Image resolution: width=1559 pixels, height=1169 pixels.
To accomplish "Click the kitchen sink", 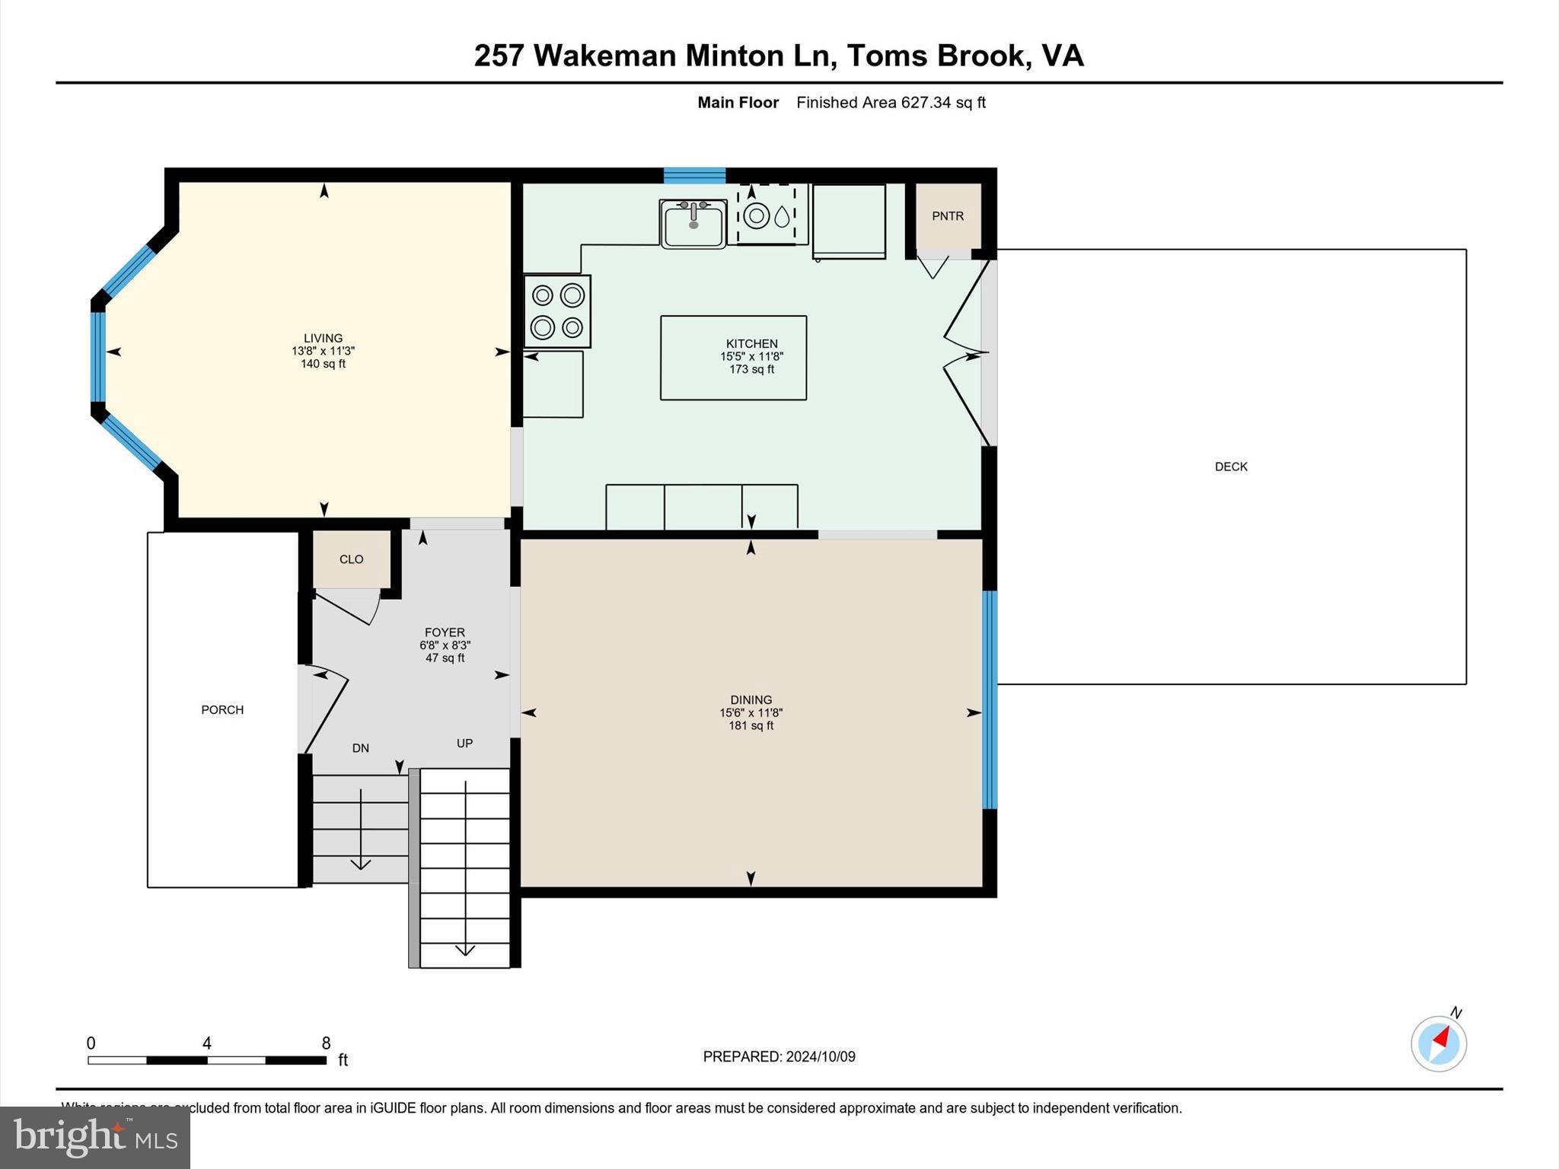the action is click(693, 224).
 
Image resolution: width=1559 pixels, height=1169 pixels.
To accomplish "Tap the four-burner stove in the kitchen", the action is click(557, 311).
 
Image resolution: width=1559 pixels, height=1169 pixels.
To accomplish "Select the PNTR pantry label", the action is click(948, 216).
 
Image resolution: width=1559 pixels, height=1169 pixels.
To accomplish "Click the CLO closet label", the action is click(351, 559).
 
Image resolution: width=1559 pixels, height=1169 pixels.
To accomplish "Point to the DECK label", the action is click(1231, 467).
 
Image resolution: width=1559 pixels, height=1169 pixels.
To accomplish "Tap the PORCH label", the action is click(222, 710).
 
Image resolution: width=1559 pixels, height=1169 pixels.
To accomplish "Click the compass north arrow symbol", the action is click(1439, 1043).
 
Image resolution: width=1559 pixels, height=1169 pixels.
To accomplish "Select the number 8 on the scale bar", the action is click(327, 1043).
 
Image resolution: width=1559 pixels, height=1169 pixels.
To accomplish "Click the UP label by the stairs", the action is click(464, 743).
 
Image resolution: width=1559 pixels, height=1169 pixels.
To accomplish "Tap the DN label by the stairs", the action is click(361, 748).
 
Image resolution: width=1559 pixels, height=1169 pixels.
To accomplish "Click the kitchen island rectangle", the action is click(733, 358).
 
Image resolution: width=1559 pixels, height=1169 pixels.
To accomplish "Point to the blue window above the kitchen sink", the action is click(694, 175).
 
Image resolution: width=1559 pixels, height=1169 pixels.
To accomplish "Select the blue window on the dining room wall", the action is click(990, 699).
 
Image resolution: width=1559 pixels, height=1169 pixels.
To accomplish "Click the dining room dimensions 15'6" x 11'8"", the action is click(751, 713).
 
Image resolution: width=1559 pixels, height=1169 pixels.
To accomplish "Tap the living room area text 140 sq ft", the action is click(324, 364).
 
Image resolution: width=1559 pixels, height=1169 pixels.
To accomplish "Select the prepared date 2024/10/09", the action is click(821, 1056).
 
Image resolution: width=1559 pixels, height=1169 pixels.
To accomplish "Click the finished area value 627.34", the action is click(926, 102).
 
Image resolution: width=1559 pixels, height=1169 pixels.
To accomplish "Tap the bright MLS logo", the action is click(95, 1137).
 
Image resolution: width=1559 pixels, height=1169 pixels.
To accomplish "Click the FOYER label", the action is click(445, 632).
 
